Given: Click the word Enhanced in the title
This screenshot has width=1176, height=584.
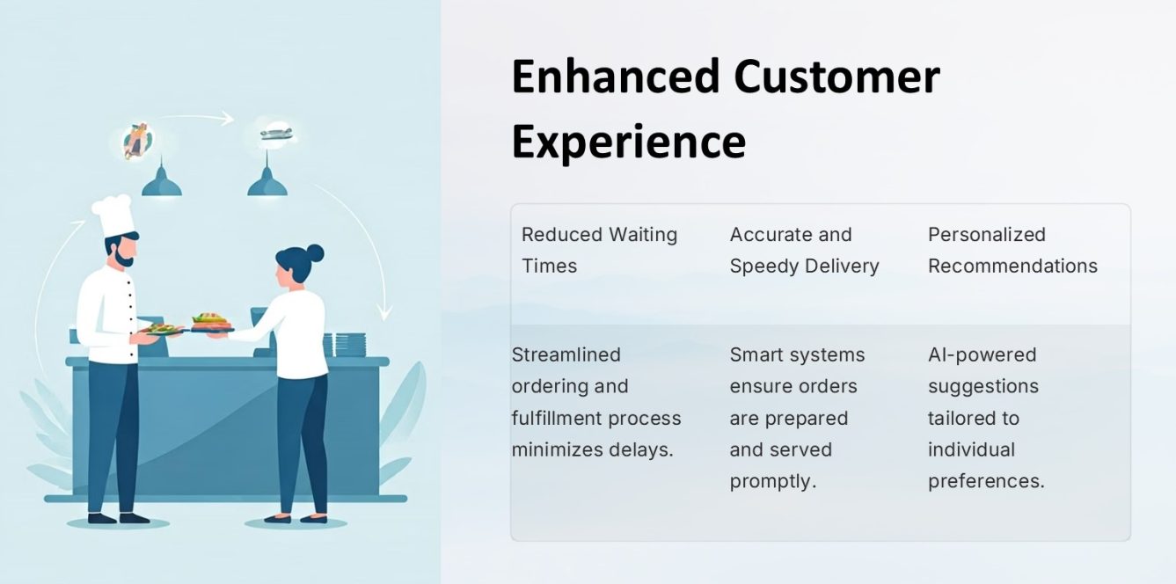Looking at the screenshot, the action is [x=616, y=77].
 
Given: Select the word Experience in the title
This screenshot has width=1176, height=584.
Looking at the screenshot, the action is [x=628, y=142].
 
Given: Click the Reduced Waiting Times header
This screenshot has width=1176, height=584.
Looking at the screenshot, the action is [x=599, y=250].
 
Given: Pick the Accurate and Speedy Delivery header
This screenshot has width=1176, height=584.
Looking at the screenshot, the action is [x=804, y=250].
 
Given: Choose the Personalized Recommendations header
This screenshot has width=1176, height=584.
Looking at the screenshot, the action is [x=1012, y=250].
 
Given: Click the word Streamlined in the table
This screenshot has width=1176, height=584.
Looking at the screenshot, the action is [x=566, y=355].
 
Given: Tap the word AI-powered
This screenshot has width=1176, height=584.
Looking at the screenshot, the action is [x=982, y=355].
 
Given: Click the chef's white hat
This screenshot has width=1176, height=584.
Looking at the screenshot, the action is [x=113, y=215].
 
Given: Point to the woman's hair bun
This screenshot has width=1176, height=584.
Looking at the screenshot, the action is [x=315, y=254].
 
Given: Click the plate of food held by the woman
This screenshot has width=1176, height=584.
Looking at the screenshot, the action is [x=211, y=323].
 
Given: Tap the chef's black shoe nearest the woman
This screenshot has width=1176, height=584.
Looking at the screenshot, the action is [x=134, y=518].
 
